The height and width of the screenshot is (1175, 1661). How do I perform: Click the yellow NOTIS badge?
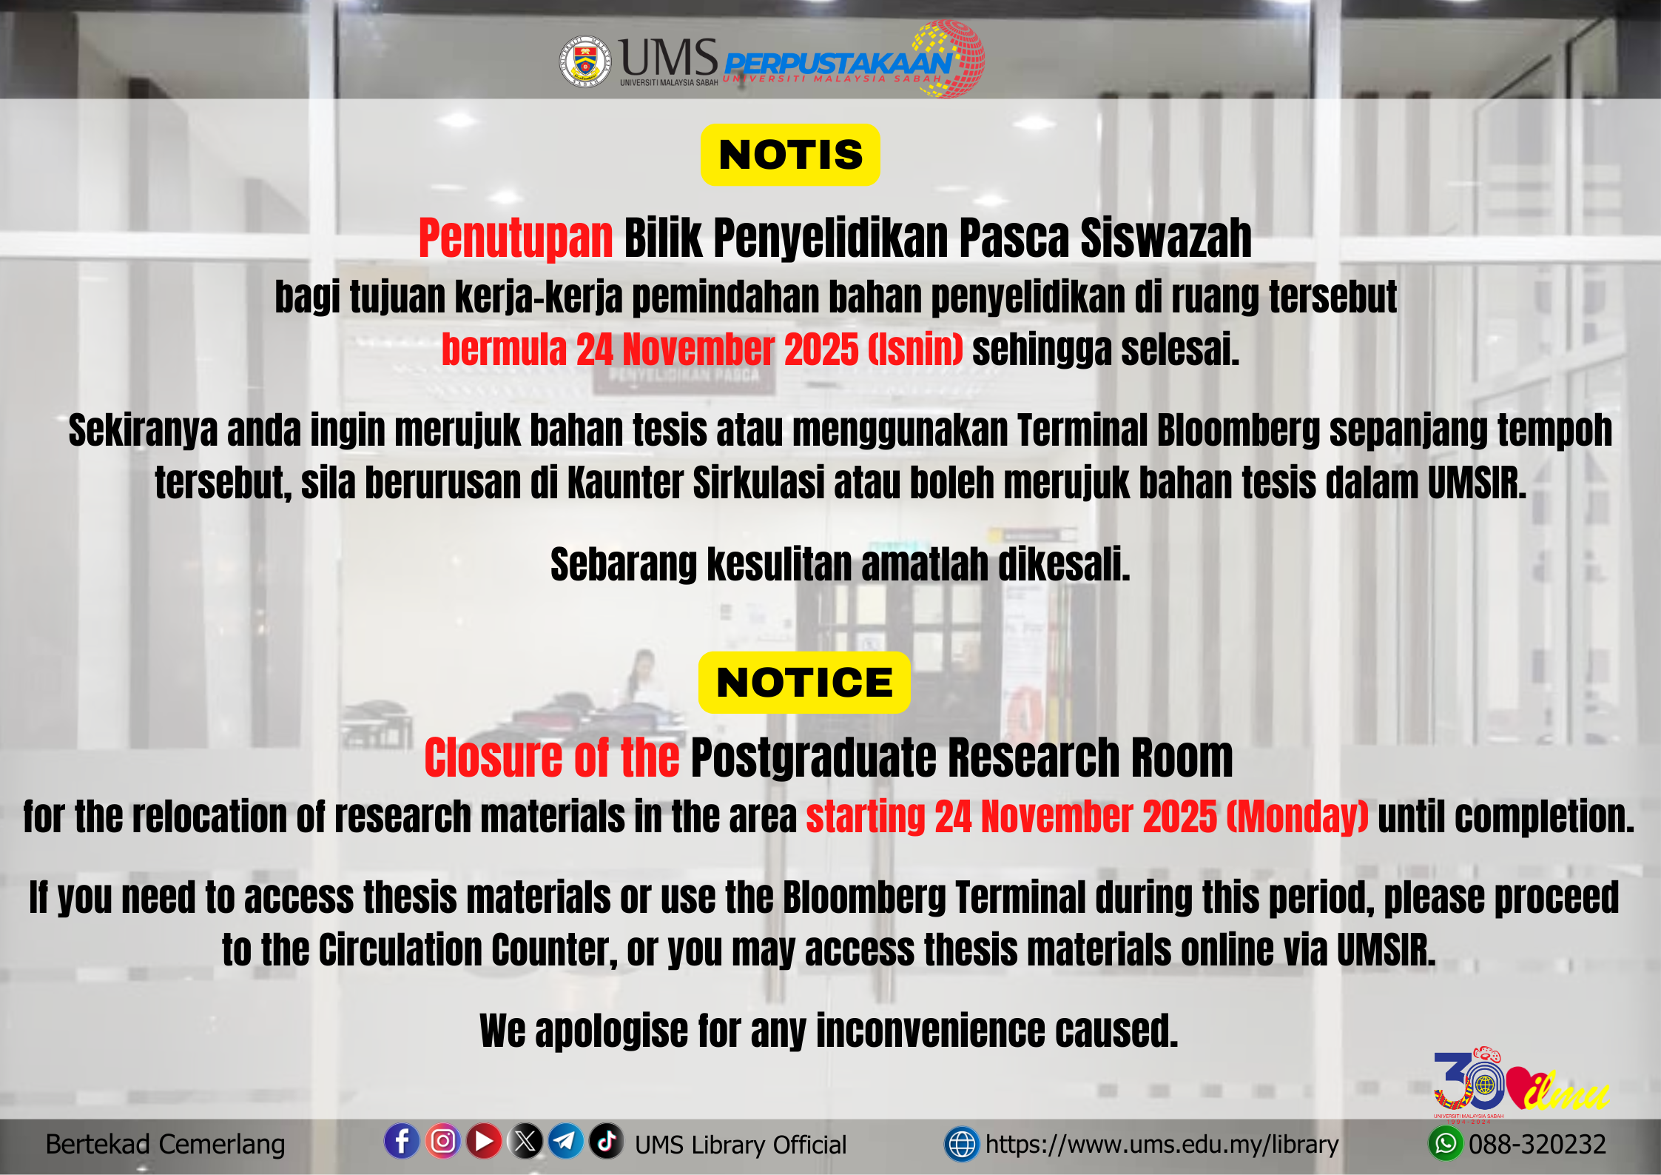pyautogui.click(x=790, y=155)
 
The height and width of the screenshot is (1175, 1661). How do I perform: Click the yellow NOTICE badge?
pyautogui.click(x=804, y=682)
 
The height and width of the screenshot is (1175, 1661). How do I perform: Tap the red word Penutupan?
pyautogui.click(x=516, y=239)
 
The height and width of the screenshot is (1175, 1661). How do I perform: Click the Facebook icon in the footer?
pyautogui.click(x=402, y=1141)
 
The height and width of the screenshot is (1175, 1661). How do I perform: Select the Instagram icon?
pyautogui.click(x=443, y=1141)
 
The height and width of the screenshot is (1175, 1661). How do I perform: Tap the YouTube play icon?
pyautogui.click(x=485, y=1141)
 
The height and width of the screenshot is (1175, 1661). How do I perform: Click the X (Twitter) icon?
pyautogui.click(x=526, y=1141)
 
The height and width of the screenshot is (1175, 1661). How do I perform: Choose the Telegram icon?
pyautogui.click(x=566, y=1141)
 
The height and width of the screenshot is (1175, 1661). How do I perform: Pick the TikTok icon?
pyautogui.click(x=607, y=1141)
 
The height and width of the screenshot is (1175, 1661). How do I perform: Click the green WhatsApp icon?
pyautogui.click(x=1445, y=1144)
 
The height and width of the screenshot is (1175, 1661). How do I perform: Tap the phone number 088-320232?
pyautogui.click(x=1537, y=1145)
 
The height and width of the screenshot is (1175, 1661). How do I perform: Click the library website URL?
pyautogui.click(x=1162, y=1145)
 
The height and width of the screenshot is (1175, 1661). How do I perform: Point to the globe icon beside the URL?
pyautogui.click(x=962, y=1145)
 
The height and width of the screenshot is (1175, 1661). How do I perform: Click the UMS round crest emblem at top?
pyautogui.click(x=585, y=61)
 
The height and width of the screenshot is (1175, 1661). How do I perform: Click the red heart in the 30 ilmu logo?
pyautogui.click(x=1523, y=1086)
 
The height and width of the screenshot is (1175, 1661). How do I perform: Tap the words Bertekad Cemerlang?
pyautogui.click(x=165, y=1145)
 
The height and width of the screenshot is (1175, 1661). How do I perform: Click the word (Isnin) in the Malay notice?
pyautogui.click(x=915, y=349)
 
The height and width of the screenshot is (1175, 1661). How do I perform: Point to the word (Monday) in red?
pyautogui.click(x=1297, y=817)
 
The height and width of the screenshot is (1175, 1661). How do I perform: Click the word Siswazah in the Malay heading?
pyautogui.click(x=1166, y=238)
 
